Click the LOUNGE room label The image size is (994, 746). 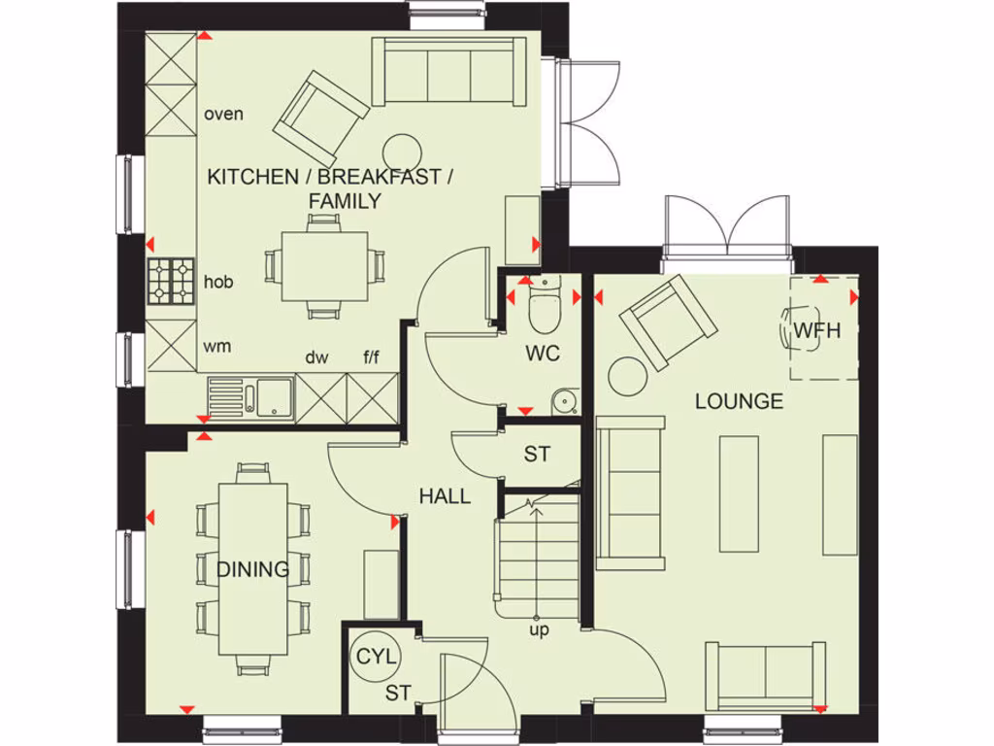coord(739,401)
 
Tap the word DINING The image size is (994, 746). coord(253,569)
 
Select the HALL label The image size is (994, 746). coord(445,496)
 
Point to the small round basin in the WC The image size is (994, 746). coord(562,401)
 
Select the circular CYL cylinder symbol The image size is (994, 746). coord(376,657)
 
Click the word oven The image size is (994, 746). coord(223,114)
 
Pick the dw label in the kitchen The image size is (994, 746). coord(316,357)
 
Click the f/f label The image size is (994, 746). coord(372,357)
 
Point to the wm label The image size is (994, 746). coord(215,346)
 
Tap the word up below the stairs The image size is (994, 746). coord(539,629)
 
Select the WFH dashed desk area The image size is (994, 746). coord(823,330)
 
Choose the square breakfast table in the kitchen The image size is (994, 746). coord(324,266)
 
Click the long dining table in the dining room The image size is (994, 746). coord(254,568)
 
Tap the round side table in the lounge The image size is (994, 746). coord(629,375)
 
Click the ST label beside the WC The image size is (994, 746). coord(537,454)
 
